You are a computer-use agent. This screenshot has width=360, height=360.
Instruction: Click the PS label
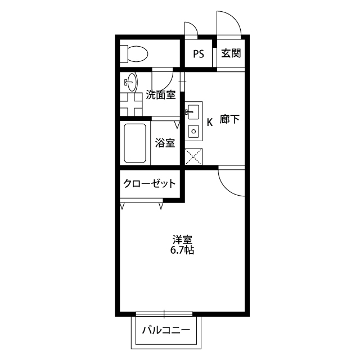198,54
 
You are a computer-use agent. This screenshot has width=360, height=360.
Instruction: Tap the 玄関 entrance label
231,54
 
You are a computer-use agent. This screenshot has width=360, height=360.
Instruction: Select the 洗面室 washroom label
161,95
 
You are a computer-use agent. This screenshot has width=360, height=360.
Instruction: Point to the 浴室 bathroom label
165,143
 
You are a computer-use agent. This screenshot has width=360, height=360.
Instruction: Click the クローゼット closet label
150,183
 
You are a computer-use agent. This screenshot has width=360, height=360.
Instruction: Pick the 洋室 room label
182,239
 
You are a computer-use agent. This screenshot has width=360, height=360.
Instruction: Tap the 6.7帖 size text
182,250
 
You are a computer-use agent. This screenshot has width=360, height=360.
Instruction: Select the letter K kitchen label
209,121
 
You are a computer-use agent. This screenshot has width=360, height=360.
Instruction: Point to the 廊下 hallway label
230,120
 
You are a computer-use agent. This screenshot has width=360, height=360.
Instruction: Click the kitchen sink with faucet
193,111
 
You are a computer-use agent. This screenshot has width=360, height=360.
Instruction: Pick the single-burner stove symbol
194,133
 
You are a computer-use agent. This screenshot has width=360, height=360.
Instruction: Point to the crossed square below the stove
193,155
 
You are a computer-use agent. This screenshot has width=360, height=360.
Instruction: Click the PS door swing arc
192,28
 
